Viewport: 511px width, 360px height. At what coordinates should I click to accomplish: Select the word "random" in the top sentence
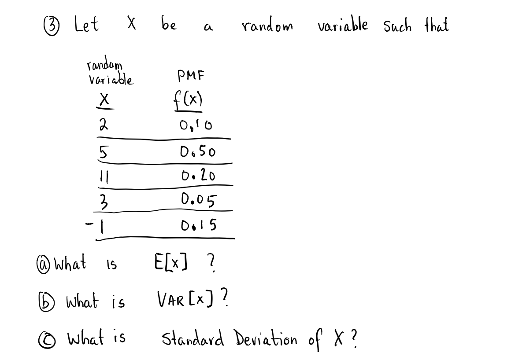267,26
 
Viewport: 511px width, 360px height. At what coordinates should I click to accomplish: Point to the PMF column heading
190,76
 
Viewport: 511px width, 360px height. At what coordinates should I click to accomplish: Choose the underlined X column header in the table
104,101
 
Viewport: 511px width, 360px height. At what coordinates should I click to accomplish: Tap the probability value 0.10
196,127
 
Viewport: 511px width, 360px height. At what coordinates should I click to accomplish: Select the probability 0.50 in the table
197,152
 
